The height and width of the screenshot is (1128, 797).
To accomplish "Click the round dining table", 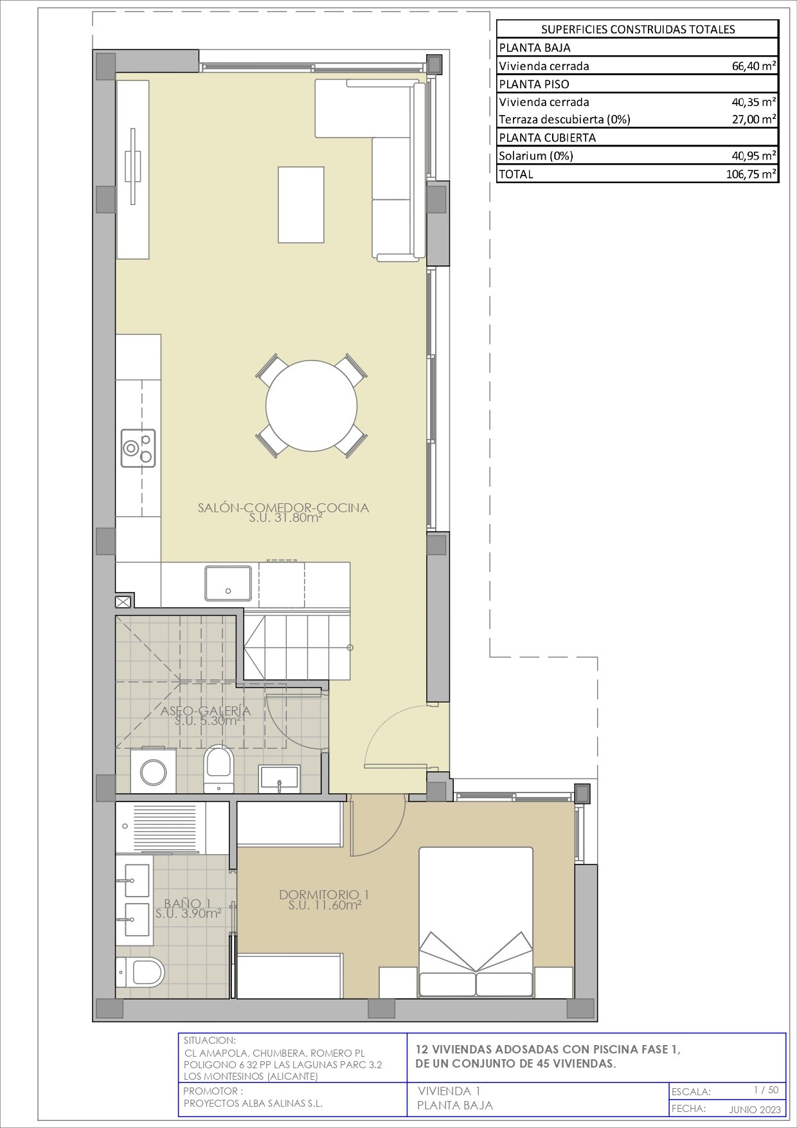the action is tap(311, 406).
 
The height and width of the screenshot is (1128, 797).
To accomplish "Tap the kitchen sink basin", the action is tap(228, 583).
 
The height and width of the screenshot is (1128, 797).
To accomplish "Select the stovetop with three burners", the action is tap(138, 448).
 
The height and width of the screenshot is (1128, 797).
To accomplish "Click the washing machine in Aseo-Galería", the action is tap(153, 770).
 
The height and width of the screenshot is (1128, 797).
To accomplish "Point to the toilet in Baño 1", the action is tap(140, 972).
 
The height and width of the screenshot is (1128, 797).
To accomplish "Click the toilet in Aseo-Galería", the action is tap(219, 769).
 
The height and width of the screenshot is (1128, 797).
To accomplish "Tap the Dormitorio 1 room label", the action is tap(324, 894).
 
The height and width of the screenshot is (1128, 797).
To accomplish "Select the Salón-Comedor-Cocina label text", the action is tap(283, 508).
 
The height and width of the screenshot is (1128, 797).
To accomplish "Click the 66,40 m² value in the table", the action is tap(754, 66).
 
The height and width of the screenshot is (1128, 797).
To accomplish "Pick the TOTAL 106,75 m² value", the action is tap(751, 174).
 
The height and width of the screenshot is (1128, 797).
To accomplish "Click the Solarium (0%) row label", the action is tap(536, 156).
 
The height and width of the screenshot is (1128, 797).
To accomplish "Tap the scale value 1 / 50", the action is tap(766, 1089).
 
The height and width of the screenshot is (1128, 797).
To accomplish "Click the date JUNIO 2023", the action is tap(755, 1109).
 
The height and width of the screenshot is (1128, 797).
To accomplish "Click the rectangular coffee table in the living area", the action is tap(301, 204).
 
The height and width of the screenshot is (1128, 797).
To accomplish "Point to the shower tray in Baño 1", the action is tap(172, 828).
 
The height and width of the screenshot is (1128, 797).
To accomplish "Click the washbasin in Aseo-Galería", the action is tap(279, 778).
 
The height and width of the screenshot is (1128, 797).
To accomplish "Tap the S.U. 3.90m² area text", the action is tap(188, 913).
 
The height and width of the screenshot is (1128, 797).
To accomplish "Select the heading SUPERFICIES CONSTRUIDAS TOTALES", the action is tap(638, 29).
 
